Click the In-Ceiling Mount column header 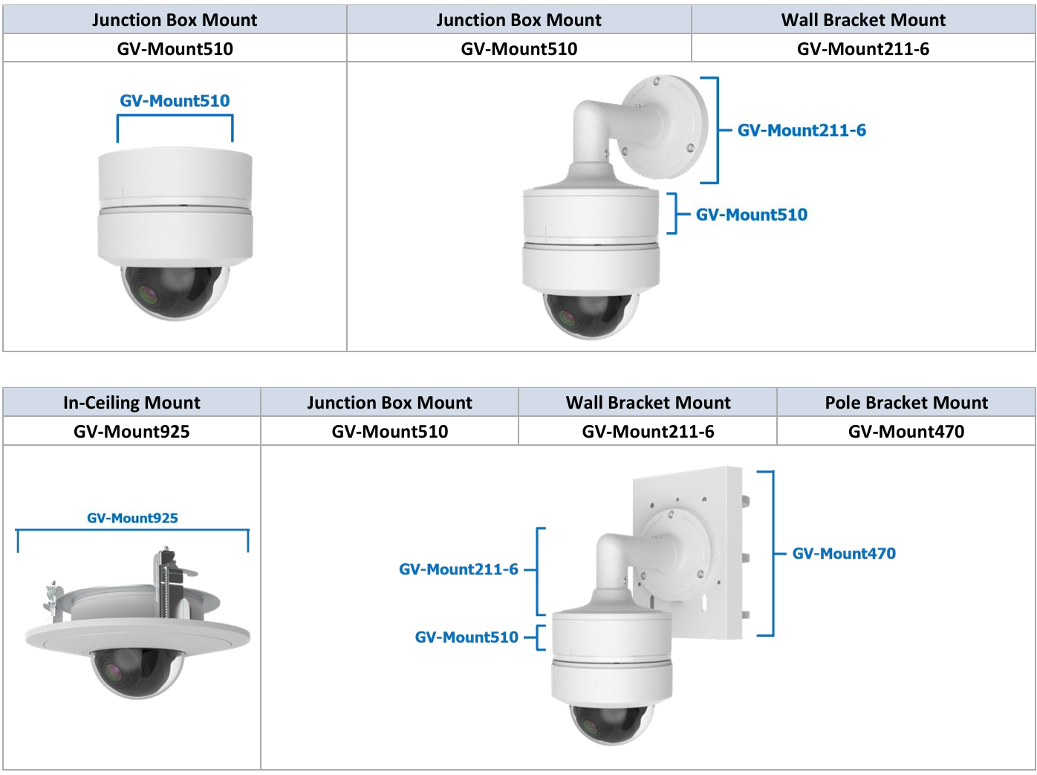point(131,403)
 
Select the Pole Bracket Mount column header point(906,403)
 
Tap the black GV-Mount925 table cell point(131,432)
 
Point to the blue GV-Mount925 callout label point(132,518)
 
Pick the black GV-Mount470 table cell point(906,432)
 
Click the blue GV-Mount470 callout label point(844,554)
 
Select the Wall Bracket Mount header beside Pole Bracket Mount point(648,403)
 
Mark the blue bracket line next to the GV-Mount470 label point(773,554)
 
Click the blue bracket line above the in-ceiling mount point(132,531)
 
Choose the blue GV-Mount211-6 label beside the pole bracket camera point(458,570)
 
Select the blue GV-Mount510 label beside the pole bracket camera point(467,638)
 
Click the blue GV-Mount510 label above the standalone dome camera point(175,101)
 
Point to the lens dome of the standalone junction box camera point(175,293)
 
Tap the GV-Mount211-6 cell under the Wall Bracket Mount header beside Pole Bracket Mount point(648,432)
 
